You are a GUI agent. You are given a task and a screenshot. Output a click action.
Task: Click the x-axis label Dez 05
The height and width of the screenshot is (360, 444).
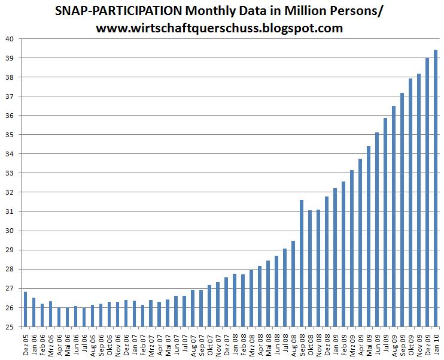tap(25, 343)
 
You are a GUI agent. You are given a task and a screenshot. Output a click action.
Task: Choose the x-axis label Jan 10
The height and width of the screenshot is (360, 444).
tap(435, 343)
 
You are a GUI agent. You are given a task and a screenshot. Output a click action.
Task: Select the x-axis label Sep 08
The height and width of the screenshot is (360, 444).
tap(302, 343)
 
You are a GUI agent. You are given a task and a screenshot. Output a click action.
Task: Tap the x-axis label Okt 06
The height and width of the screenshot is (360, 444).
tap(109, 343)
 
